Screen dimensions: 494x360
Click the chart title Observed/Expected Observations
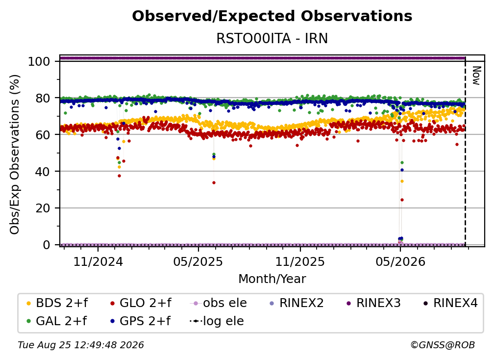pos(272,16)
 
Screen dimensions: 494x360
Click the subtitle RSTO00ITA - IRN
pos(272,39)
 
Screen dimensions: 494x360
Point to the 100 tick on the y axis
pos(39,61)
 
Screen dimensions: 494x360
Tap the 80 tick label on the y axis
pos(43,98)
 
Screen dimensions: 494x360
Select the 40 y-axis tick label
pos(43,172)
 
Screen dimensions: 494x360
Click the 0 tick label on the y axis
pos(47,245)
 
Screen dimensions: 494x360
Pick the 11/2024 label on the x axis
pos(98,261)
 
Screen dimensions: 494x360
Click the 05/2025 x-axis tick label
pos(198,261)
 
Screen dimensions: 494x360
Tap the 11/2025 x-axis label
pos(300,261)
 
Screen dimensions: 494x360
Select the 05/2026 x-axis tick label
pos(400,261)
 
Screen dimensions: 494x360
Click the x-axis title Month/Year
pos(272,279)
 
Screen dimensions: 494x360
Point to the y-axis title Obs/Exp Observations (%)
pos(15,154)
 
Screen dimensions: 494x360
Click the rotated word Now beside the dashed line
pos(476,76)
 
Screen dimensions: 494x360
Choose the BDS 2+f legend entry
pos(57,303)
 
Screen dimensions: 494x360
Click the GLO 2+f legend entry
pos(141,303)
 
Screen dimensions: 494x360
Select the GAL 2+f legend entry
pos(57,321)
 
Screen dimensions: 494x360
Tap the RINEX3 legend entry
pos(373,303)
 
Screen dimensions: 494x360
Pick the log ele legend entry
pos(217,321)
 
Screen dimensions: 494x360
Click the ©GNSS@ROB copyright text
pos(443,345)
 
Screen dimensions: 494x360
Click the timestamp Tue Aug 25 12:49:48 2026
pos(81,345)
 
